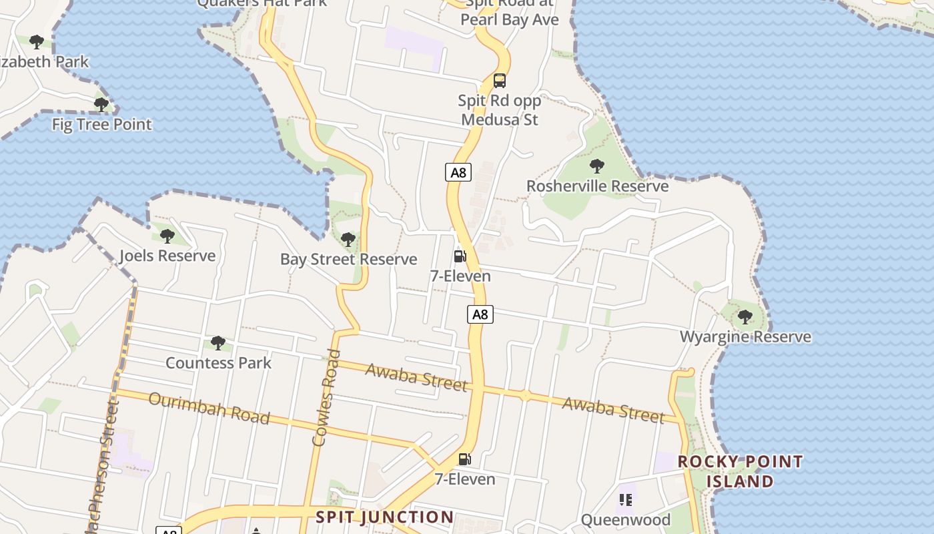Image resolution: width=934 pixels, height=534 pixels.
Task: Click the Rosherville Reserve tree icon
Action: coord(597,166)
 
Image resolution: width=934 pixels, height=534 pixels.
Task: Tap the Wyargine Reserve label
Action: coord(745,336)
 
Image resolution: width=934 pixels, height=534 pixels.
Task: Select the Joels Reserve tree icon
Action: coord(167,236)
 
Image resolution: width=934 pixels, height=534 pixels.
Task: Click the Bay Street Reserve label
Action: coord(348,259)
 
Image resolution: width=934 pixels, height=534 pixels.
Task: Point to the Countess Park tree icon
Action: coord(217,343)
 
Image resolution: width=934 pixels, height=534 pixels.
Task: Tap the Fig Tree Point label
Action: coord(102,124)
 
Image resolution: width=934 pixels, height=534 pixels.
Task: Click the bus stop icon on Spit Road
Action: coord(499,81)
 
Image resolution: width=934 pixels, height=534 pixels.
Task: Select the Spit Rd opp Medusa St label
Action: coord(499,110)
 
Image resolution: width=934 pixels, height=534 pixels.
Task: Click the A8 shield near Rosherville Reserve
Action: coord(458,173)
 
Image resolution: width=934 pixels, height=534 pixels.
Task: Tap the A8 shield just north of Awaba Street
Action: coord(480,314)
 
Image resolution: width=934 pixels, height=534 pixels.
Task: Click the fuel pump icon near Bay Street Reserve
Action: coord(460,256)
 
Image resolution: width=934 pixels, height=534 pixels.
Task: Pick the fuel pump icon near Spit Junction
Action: coord(464,459)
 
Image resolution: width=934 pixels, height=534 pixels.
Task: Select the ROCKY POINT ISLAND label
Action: coord(740,471)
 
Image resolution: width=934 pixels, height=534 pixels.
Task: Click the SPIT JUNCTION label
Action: coord(384,517)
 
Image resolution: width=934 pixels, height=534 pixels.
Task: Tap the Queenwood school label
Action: coord(625,519)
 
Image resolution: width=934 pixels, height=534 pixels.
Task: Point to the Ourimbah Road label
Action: coord(209,408)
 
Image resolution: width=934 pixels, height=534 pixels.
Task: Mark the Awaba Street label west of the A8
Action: coord(416,377)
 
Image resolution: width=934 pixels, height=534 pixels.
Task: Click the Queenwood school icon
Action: coord(625,499)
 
